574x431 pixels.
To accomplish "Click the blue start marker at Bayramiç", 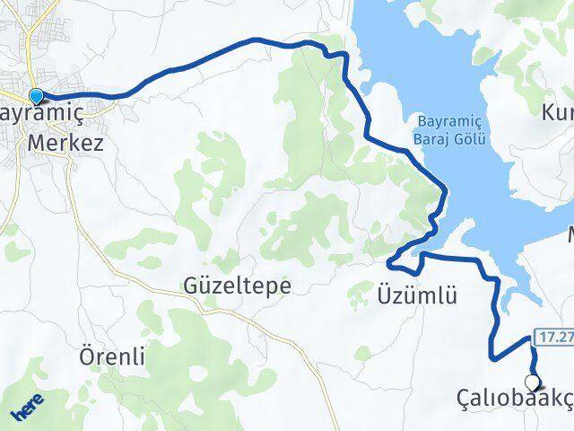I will (x=36, y=96).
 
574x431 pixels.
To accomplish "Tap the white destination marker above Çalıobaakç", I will (x=532, y=382).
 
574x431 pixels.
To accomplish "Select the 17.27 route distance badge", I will (x=555, y=339).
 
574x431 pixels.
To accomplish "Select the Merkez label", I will (x=65, y=142).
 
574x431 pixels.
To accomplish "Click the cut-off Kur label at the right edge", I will (x=556, y=113).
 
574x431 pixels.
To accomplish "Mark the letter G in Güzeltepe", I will (x=189, y=286).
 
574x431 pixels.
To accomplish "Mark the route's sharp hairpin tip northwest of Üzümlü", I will (x=388, y=263).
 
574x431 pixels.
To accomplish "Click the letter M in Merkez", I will (x=38, y=142).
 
